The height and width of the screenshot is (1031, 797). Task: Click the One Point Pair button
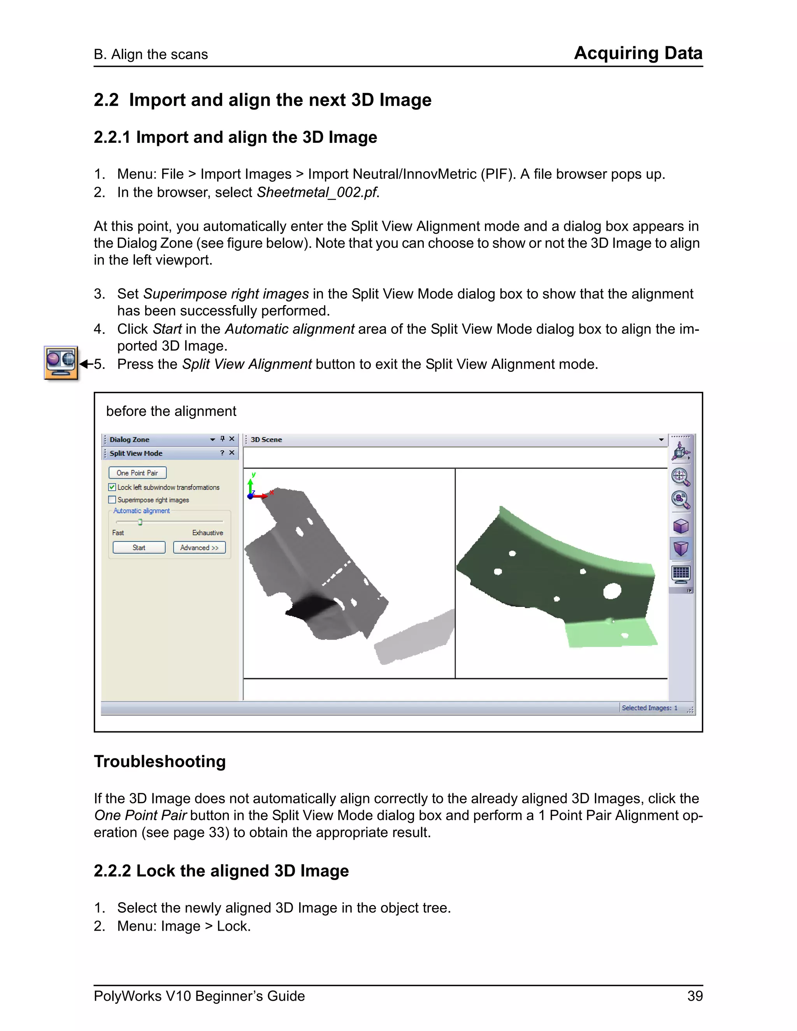coord(137,473)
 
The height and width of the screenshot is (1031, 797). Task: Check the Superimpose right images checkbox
coord(112,500)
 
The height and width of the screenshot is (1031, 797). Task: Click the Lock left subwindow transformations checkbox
coord(112,487)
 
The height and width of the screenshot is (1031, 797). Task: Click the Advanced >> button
coord(199,548)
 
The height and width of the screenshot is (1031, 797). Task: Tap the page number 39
coord(695,996)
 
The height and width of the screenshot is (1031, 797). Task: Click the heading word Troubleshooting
coord(160,761)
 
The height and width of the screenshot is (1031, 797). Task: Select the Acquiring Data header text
coord(638,53)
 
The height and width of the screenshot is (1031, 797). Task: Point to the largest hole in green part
coord(612,591)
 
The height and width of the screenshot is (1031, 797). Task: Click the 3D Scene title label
coord(266,440)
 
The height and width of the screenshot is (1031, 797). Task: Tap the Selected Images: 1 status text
coord(649,708)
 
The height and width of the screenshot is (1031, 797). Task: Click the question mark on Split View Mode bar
coord(222,453)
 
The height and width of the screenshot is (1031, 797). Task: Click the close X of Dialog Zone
coord(232,439)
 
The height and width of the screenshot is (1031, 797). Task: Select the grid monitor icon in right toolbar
coord(680,573)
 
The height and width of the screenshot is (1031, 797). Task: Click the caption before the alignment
coord(171,411)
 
